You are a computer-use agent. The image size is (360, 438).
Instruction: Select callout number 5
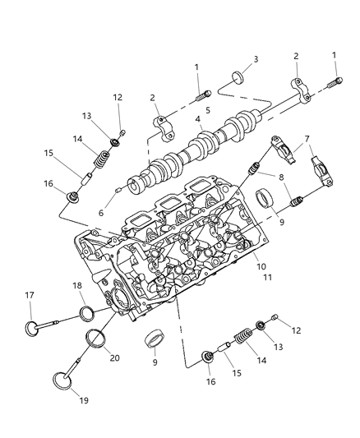tap(208, 109)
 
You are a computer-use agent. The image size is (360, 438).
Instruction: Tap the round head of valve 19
tap(62, 383)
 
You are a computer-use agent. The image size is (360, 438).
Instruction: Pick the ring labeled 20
tap(97, 339)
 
